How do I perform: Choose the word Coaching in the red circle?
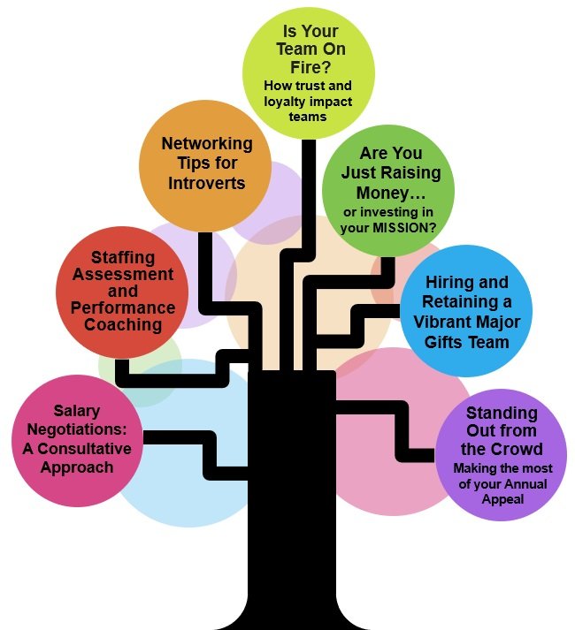tap(123, 324)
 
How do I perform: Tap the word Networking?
tap(205, 144)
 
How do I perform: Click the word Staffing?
tap(119, 258)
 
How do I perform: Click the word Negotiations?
tap(76, 429)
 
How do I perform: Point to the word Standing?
tap(502, 414)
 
